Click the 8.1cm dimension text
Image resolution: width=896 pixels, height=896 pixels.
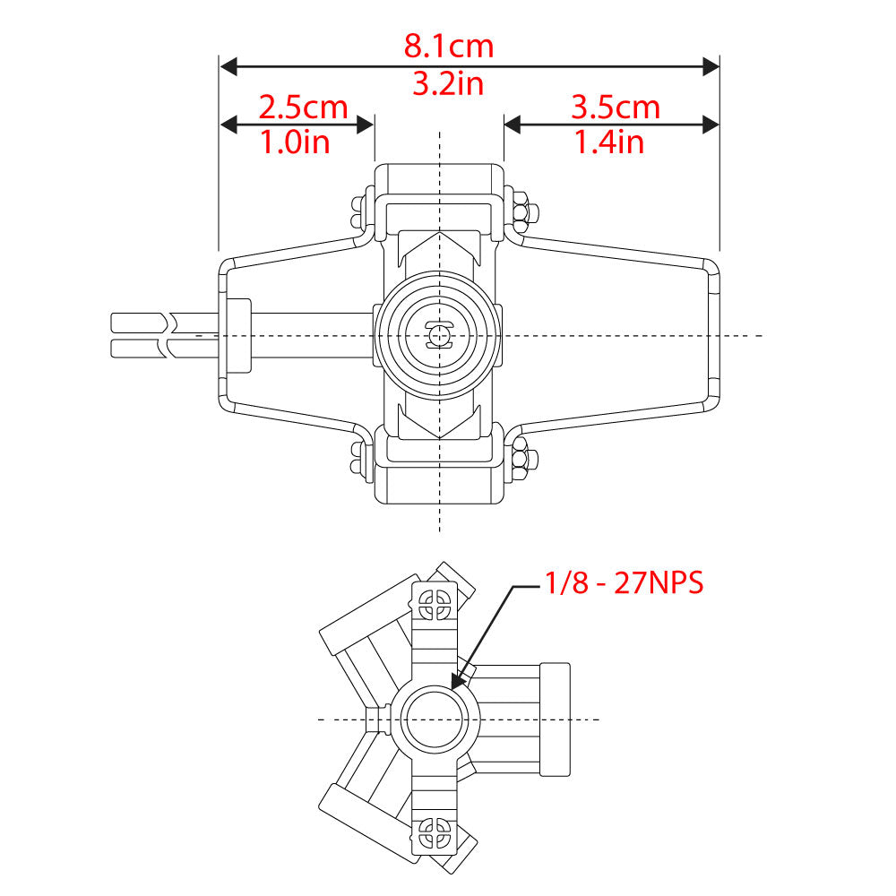coord(448,45)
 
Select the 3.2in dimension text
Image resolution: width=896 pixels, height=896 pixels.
coord(448,84)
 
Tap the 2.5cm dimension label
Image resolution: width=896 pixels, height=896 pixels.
coord(303,108)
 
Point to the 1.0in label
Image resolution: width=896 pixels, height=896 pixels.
coord(295,142)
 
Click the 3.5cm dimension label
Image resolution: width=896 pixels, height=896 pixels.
coord(616,108)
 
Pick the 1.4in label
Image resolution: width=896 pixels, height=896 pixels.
coord(609,142)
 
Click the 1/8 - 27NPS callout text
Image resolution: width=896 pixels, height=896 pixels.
coord(625,583)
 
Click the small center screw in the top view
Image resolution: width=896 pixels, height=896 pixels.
coord(439,335)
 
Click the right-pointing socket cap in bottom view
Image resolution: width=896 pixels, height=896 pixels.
coord(555,719)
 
